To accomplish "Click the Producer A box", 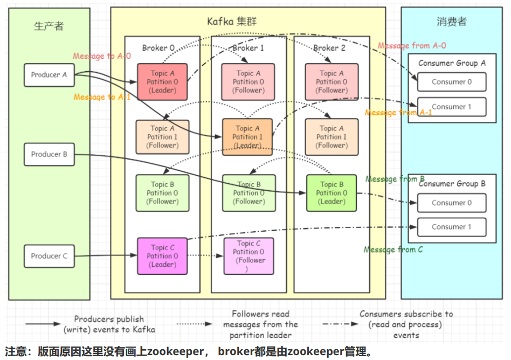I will pyautogui.click(x=49, y=75).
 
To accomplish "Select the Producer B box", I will pyautogui.click(x=49, y=154).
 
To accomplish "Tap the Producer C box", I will pyautogui.click(x=49, y=256).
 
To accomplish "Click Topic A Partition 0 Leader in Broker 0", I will pyautogui.click(x=162, y=82).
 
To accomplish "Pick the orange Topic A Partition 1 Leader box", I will pyautogui.click(x=247, y=137).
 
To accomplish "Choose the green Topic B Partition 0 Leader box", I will pyautogui.click(x=332, y=193).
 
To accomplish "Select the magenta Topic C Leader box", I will pyautogui.click(x=162, y=256).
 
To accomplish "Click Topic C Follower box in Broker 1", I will pyautogui.click(x=249, y=256).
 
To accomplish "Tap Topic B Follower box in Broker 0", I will pyautogui.click(x=162, y=193).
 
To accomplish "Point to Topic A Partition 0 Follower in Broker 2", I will pyautogui.click(x=332, y=82).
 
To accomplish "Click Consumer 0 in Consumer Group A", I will pyautogui.click(x=452, y=82).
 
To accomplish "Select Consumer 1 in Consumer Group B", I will pyautogui.click(x=452, y=227).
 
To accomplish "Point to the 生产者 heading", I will pyautogui.click(x=49, y=26).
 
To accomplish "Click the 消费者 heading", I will pyautogui.click(x=452, y=22).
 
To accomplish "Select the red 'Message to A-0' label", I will pyautogui.click(x=102, y=56).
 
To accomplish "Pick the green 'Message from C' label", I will pyautogui.click(x=393, y=250).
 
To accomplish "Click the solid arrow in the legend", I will pyautogui.click(x=43, y=324).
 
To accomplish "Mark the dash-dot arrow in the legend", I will pyautogui.click(x=340, y=324).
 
